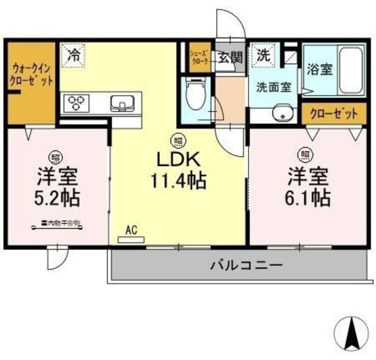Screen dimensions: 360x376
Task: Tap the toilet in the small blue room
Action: click(193, 94)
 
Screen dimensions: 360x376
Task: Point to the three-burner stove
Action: click(76, 103)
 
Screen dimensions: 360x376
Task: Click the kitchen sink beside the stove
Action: click(123, 103)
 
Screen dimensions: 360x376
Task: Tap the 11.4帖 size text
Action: click(179, 180)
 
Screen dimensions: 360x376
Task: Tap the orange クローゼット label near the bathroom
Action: click(333, 113)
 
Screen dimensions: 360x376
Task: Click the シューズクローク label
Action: click(199, 57)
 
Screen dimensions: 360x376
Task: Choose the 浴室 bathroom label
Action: click(319, 70)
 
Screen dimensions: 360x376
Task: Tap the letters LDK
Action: click(178, 159)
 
